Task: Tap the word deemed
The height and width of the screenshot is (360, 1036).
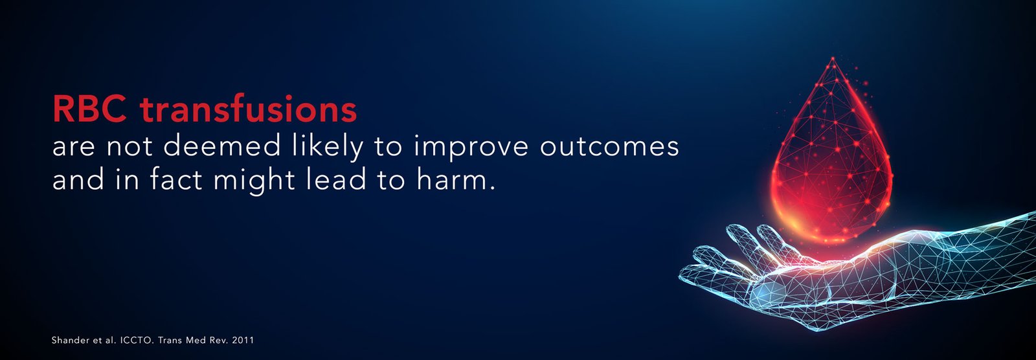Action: pyautogui.click(x=222, y=146)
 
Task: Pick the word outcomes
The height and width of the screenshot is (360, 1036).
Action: pyautogui.click(x=609, y=147)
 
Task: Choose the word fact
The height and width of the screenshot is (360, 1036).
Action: pyautogui.click(x=176, y=179)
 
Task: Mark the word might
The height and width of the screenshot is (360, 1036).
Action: pyautogui.click(x=254, y=181)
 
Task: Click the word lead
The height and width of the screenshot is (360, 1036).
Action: pyautogui.click(x=336, y=179)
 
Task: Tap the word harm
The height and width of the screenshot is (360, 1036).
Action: pyautogui.click(x=456, y=179)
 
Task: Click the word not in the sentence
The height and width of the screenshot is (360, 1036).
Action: pyautogui.click(x=129, y=147)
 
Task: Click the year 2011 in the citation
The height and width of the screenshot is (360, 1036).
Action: pyautogui.click(x=243, y=340)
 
